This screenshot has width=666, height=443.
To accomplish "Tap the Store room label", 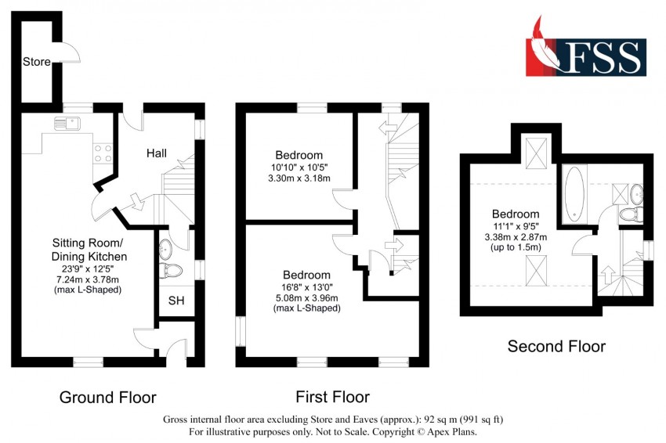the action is pos(37,62).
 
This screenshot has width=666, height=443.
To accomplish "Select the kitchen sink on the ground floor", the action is pos(67,124).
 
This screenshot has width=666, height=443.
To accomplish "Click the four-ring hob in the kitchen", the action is pos(103,153).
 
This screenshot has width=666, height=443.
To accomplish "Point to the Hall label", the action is pos(156,153).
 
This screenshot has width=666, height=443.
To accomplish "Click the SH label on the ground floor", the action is pos(176,301).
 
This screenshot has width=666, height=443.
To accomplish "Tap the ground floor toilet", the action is pos(171,270).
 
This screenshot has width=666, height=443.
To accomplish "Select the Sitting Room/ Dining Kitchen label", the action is pos(89,250).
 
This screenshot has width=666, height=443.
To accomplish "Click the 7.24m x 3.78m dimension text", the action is pos(88,279).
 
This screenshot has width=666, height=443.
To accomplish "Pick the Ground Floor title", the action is pos(108,398).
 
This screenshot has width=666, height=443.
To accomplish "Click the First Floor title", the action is pos(332,397).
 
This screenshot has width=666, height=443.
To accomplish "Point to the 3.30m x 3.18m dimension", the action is pos(299,178).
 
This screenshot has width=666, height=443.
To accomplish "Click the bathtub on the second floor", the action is pos(574,194).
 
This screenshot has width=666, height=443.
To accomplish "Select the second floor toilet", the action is pos(630,214).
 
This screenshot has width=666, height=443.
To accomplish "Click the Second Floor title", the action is pos(556,347).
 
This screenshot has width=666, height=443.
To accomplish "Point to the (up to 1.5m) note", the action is pos(516,247).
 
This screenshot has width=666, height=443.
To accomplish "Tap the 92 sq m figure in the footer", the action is pos(441,420).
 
